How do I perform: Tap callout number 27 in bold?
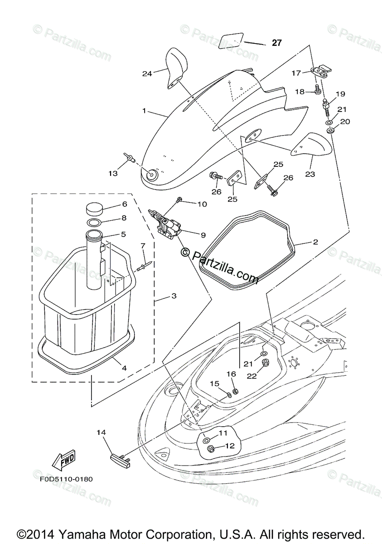point(276,43)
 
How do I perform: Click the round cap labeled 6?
point(94,209)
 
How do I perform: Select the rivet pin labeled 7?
point(145,266)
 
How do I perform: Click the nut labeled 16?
point(235,391)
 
